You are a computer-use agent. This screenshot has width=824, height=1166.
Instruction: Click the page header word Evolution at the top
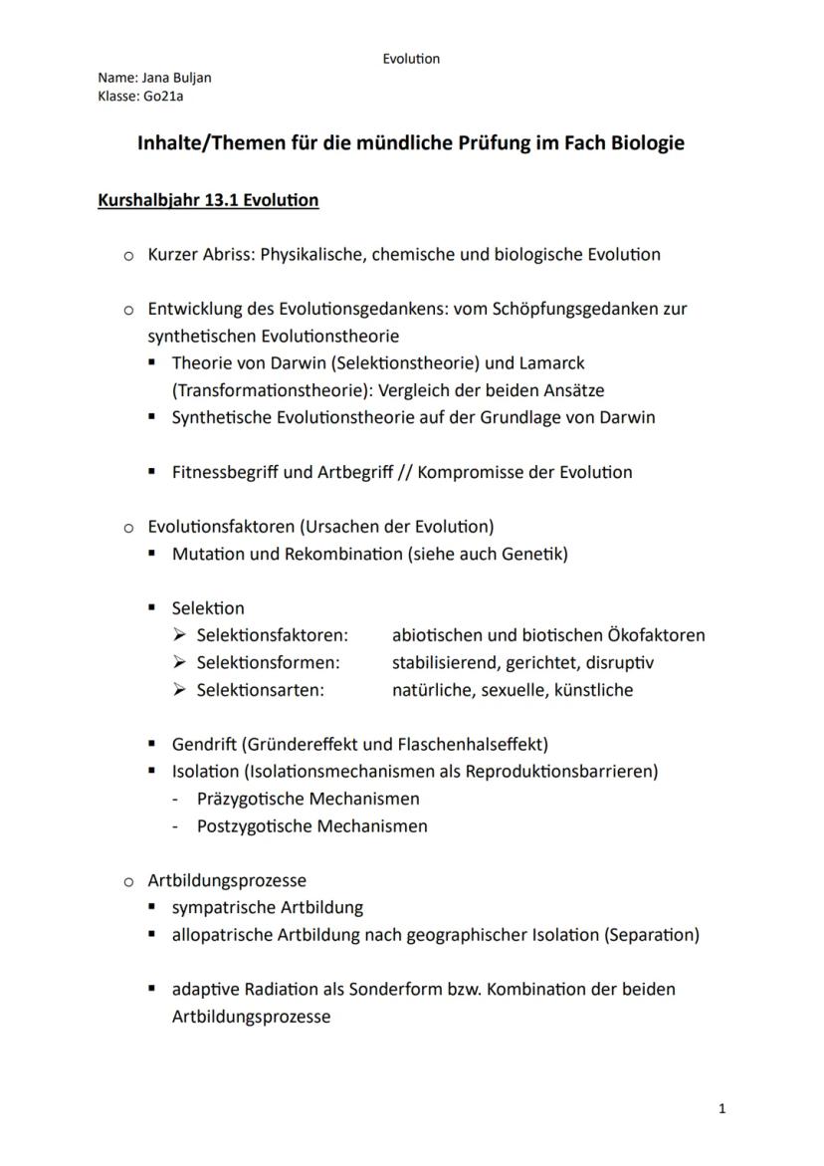point(411,59)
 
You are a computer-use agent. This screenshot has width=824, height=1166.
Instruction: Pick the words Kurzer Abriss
point(200,254)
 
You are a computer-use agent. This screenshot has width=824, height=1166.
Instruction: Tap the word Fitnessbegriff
point(225,472)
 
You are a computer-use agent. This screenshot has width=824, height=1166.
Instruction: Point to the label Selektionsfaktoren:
point(272,635)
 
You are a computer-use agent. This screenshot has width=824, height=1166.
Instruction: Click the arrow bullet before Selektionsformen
point(179,662)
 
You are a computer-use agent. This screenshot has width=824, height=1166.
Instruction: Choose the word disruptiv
point(620,662)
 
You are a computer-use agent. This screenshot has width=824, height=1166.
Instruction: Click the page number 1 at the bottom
point(721,1109)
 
